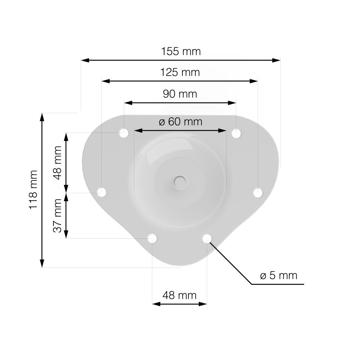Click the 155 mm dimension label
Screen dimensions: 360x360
click(x=181, y=51)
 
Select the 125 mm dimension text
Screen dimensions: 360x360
click(x=180, y=72)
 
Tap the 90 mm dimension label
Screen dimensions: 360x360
click(x=180, y=94)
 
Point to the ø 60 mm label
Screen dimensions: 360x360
click(x=180, y=122)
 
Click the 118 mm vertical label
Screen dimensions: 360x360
click(x=33, y=189)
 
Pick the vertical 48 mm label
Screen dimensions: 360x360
click(x=57, y=162)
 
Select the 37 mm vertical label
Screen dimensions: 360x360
click(x=57, y=216)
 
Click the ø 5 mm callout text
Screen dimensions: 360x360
click(x=279, y=276)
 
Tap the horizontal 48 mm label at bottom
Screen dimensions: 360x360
click(x=180, y=295)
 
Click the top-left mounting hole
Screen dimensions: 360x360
click(x=124, y=133)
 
